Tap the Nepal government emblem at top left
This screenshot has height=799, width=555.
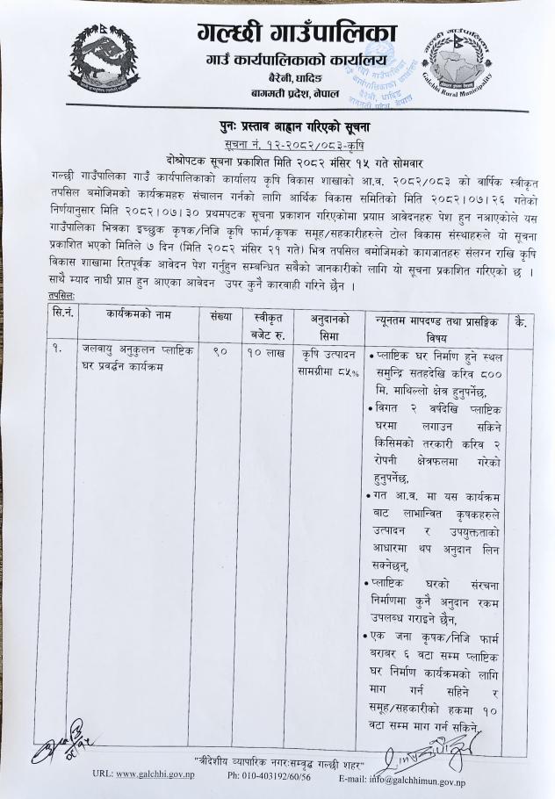tap(104, 56)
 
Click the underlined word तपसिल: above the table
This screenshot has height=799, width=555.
tap(61, 297)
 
